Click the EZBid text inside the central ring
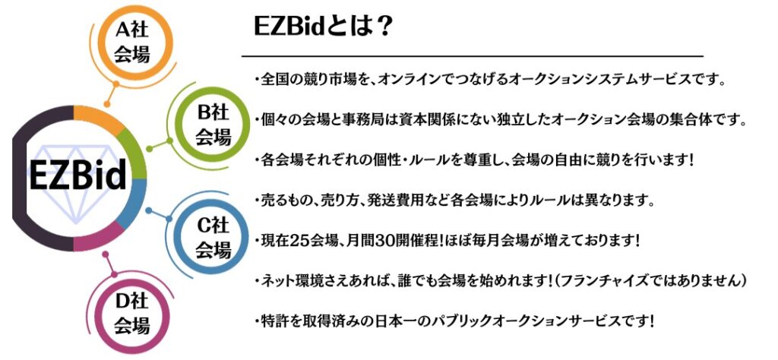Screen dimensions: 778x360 [77, 175]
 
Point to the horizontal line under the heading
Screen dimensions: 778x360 [473, 56]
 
